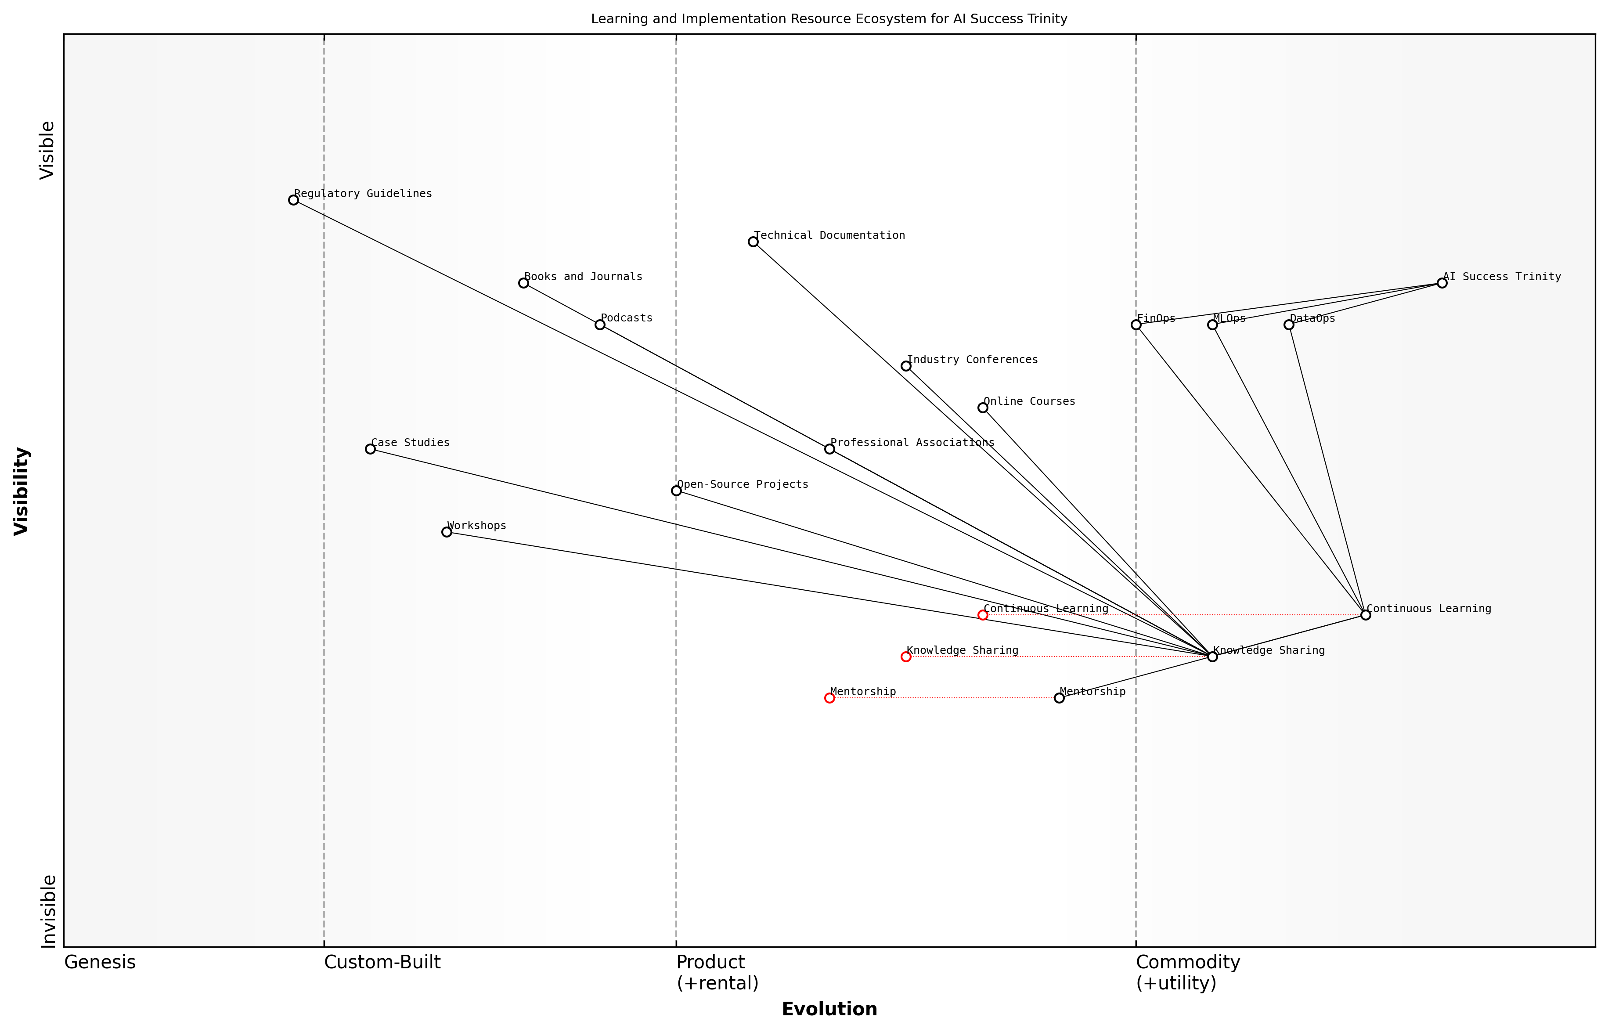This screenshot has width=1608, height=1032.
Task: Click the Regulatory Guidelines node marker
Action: (x=293, y=200)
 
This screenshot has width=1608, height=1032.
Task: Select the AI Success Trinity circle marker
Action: (x=1442, y=283)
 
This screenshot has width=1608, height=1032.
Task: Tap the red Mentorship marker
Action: (x=829, y=698)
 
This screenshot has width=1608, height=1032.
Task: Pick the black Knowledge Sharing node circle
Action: (x=1212, y=656)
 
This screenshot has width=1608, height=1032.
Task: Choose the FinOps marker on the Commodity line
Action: (x=1136, y=325)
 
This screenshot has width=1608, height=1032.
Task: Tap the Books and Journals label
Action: (x=583, y=276)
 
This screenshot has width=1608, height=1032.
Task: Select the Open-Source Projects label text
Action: (x=743, y=484)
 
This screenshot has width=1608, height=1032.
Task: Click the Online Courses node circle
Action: (x=982, y=408)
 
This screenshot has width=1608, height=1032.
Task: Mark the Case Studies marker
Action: (x=370, y=448)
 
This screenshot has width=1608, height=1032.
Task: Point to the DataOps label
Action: (x=1312, y=318)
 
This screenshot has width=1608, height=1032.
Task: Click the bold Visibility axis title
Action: (x=22, y=491)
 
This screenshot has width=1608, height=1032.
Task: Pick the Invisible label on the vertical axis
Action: (x=47, y=911)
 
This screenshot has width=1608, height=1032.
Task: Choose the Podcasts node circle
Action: (x=600, y=325)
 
